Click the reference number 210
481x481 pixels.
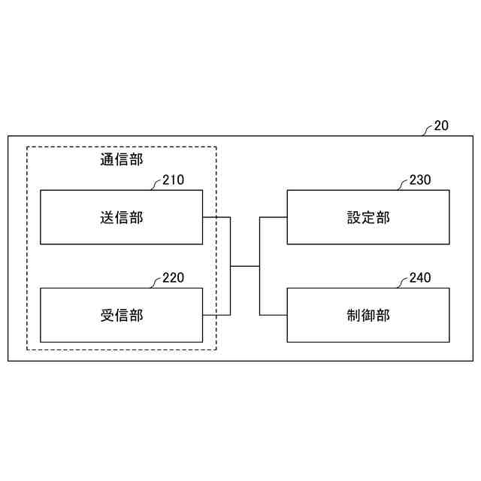[x=173, y=180]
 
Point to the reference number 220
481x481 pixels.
[x=173, y=278]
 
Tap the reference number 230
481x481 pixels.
[x=420, y=180]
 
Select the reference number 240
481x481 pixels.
[x=420, y=278]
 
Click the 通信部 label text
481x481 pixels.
[x=121, y=159]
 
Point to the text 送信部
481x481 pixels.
[x=121, y=218]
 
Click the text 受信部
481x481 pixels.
[x=121, y=316]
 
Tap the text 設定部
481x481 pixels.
[x=368, y=218]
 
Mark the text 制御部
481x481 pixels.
[x=368, y=316]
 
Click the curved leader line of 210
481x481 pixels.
[x=156, y=184]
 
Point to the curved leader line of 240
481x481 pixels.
[x=404, y=282]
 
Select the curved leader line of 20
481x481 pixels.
[x=428, y=130]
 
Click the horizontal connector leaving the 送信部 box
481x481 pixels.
[x=216, y=218]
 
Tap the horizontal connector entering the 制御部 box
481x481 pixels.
[x=273, y=315]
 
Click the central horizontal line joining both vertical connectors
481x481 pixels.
[x=244, y=266]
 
